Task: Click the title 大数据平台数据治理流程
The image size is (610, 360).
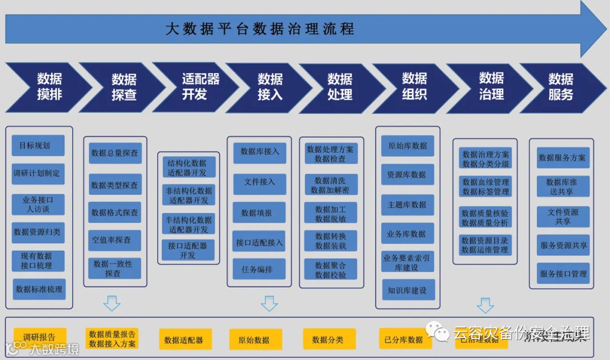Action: [x=260, y=29]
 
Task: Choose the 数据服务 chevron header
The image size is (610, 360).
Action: [x=560, y=86]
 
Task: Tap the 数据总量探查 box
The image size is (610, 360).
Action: [x=115, y=153]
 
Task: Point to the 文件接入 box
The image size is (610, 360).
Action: [x=260, y=182]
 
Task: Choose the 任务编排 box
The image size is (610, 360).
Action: [x=260, y=270]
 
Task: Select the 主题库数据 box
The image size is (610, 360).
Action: [x=407, y=204]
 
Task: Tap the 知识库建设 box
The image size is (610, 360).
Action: [x=407, y=290]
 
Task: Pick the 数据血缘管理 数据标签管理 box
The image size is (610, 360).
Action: [x=485, y=186]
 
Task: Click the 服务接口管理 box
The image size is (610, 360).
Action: [x=563, y=274]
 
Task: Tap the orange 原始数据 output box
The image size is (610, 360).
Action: [x=254, y=340]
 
